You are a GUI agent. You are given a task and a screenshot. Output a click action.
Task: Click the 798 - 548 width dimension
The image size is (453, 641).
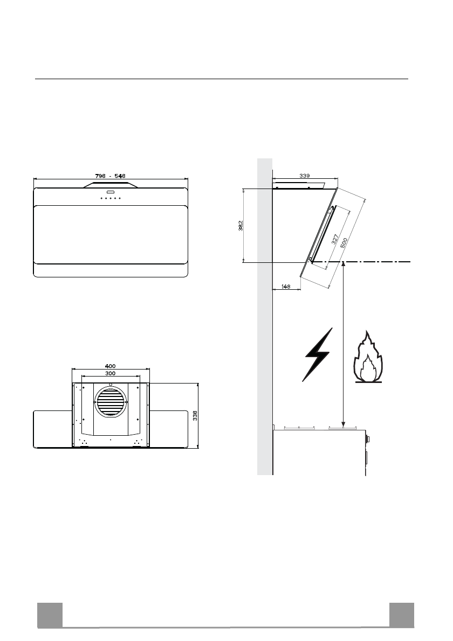tap(110, 176)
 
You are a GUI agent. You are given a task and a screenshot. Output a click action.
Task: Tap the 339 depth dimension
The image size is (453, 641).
tap(305, 176)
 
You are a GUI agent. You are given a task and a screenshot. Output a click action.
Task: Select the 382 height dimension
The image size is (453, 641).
tap(241, 225)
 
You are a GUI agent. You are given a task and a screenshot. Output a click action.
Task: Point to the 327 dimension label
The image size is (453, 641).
tap(335, 239)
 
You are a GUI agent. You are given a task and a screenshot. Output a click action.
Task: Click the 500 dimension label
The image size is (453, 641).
tap(344, 243)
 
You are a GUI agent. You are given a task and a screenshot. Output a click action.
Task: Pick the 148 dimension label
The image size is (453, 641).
tap(286, 287)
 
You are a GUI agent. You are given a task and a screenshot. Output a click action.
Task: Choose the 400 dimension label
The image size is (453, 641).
tap(110, 366)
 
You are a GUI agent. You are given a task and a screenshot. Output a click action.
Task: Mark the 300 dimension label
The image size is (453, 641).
tap(110, 373)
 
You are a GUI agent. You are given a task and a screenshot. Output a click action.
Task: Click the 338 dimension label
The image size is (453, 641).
tap(195, 416)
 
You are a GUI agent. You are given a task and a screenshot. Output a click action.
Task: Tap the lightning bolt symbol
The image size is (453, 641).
tap(318, 355)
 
